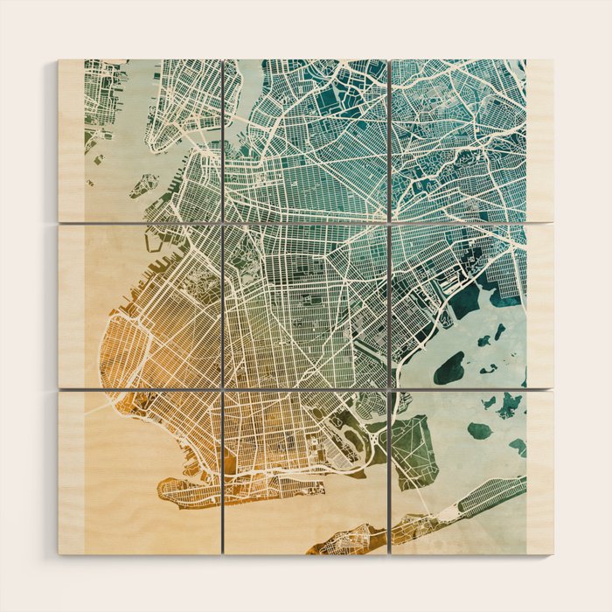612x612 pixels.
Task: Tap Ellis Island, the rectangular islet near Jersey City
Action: pos(99,160)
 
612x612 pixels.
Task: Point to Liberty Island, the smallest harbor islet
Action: pos(90,183)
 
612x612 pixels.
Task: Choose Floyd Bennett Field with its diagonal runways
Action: pos(412,449)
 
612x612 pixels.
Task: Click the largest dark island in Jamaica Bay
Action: pos(449,368)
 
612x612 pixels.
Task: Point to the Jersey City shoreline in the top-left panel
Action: pos(105,105)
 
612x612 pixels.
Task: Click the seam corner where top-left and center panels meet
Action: pos(223,223)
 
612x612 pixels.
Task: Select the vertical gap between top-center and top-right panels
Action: pos(388,140)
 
